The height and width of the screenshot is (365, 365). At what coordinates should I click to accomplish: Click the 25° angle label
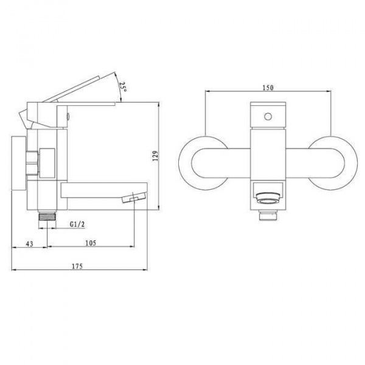point(123,86)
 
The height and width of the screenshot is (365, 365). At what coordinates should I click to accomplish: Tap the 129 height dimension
point(155,156)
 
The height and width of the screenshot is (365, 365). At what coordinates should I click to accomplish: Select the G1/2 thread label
point(77,224)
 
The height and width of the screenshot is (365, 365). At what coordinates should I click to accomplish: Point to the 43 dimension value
point(30,244)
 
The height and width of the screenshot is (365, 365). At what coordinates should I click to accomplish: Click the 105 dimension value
point(91,243)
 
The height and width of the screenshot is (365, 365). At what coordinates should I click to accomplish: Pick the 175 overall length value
point(77,266)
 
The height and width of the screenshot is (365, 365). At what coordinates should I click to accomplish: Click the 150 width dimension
point(268,88)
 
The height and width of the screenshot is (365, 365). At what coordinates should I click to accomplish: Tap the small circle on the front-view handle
point(268,116)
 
